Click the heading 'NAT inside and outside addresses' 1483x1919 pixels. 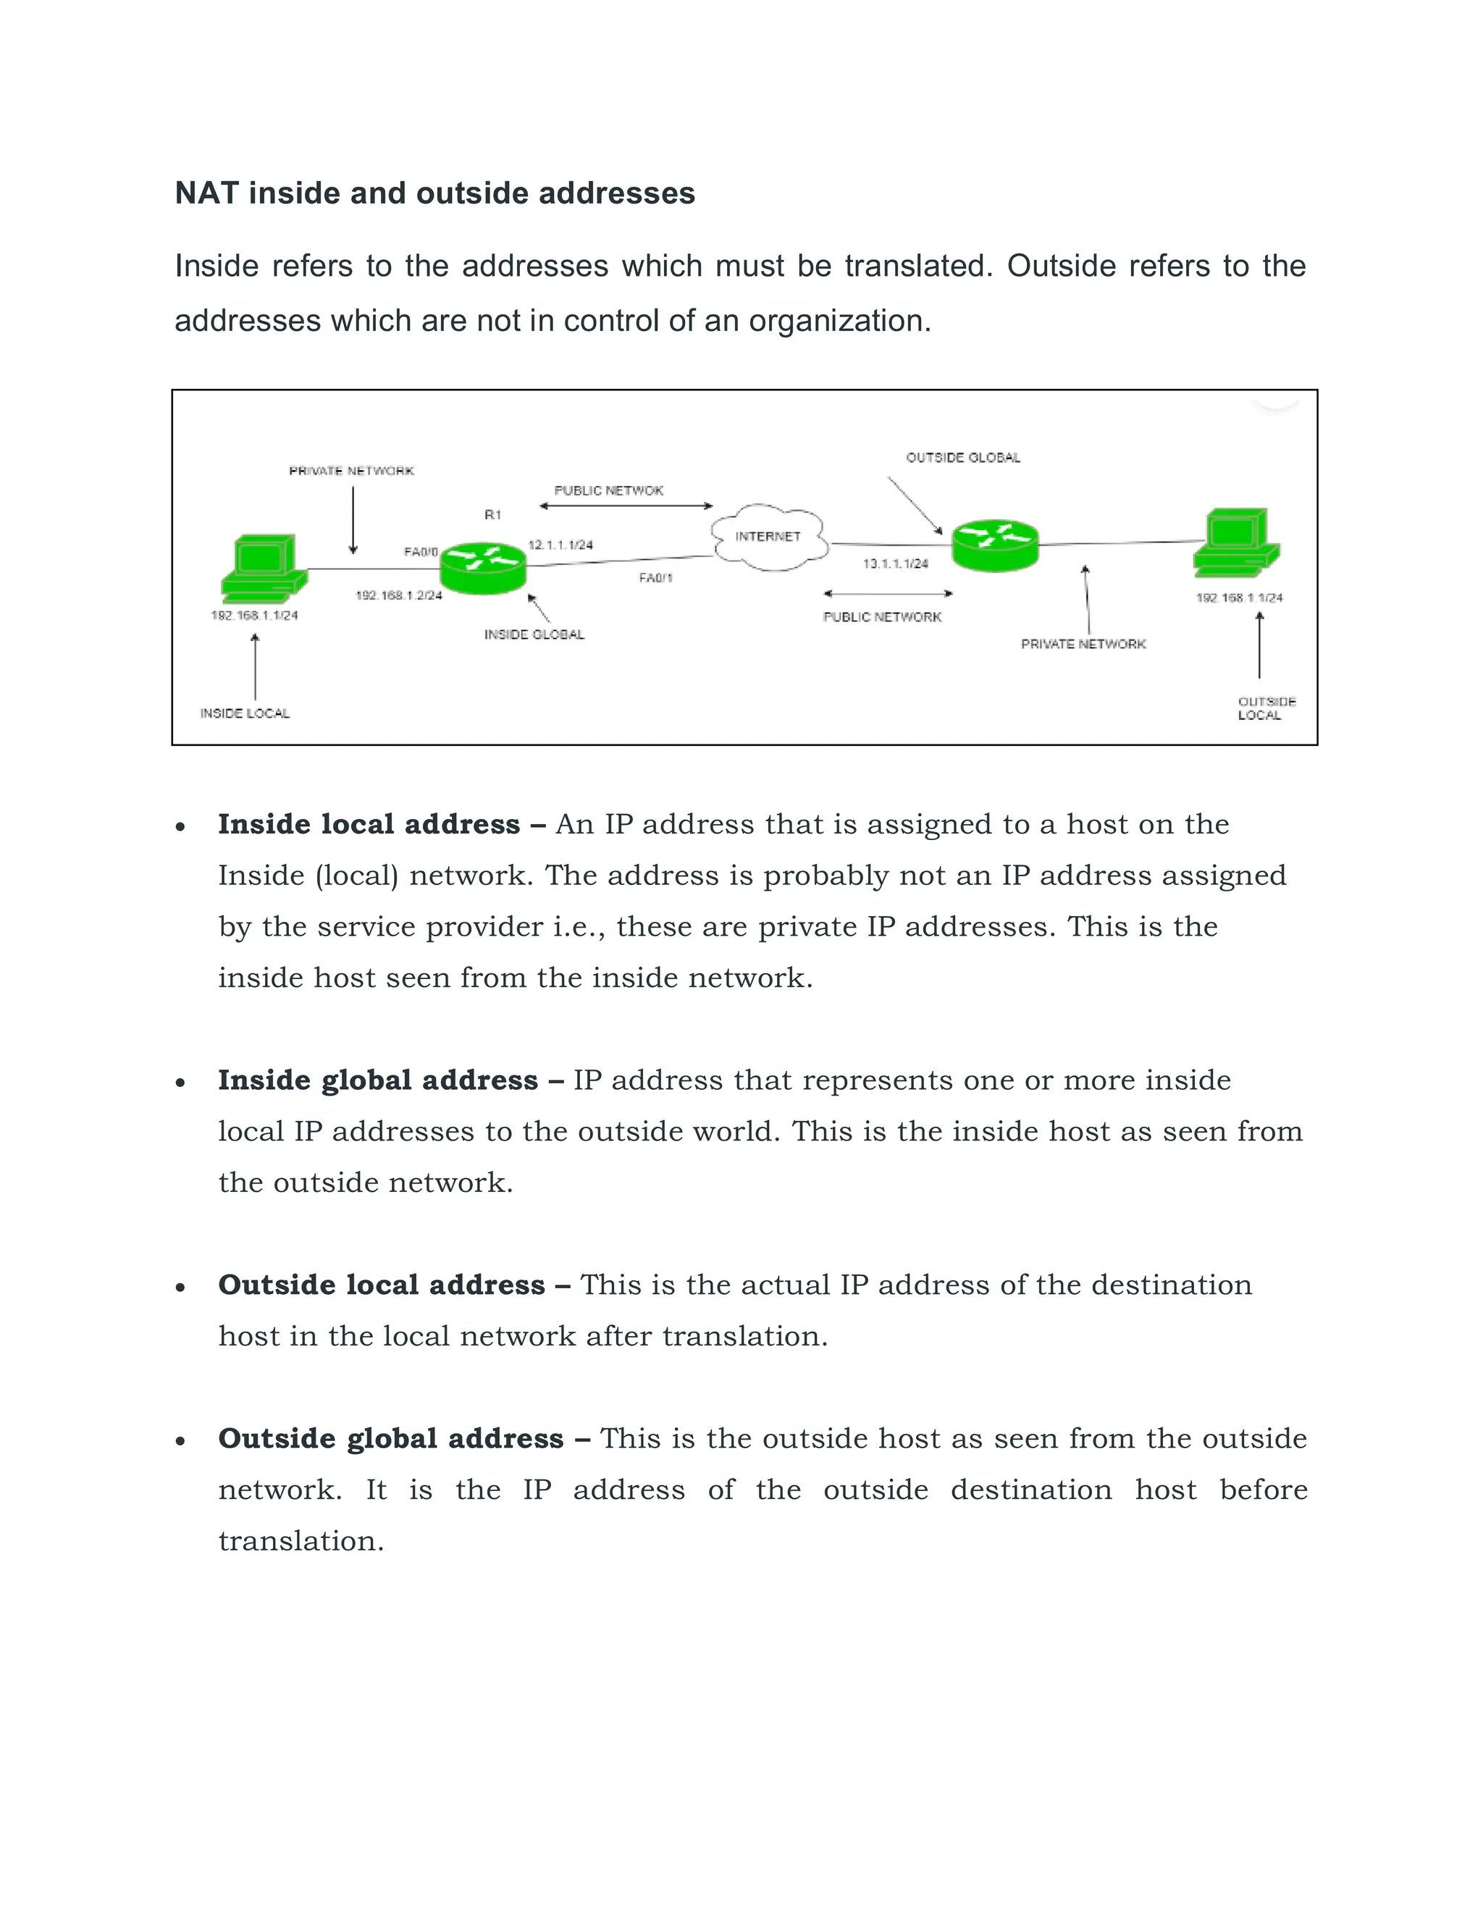point(435,193)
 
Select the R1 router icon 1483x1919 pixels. point(482,567)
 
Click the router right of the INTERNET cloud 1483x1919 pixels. point(996,545)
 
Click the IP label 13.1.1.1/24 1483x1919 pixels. point(895,563)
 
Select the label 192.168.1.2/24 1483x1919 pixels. point(398,596)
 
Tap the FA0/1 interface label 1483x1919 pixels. point(655,578)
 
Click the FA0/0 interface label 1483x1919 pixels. point(420,552)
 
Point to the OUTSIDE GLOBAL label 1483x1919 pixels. point(963,458)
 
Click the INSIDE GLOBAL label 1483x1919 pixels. point(534,634)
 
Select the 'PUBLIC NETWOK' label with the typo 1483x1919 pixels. point(609,490)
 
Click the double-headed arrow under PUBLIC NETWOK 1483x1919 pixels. point(626,506)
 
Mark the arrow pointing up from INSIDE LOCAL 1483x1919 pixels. point(256,666)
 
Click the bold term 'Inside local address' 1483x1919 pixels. point(369,824)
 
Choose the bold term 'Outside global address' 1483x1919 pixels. point(391,1438)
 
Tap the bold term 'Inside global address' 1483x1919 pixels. point(378,1080)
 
